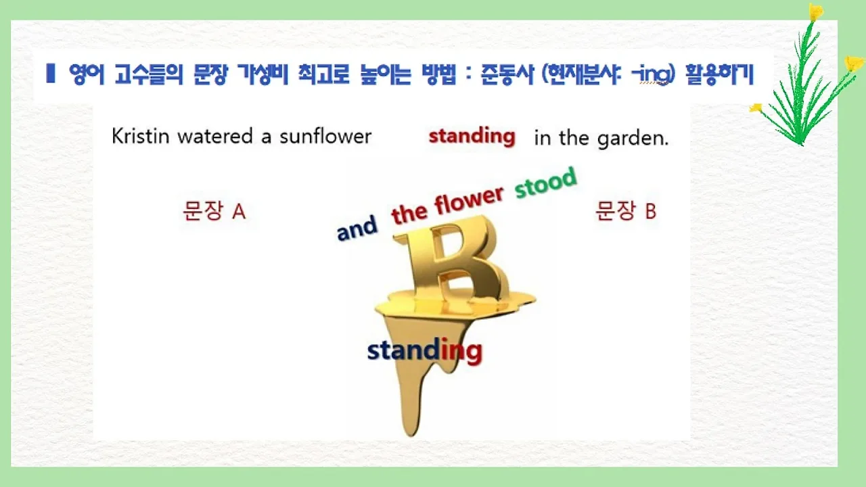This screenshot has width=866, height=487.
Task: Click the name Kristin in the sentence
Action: [141, 137]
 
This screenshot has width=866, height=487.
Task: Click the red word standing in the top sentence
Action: [472, 137]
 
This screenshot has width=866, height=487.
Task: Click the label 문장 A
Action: [214, 212]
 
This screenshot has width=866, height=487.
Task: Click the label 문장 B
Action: [626, 212]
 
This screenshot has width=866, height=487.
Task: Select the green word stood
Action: [546, 183]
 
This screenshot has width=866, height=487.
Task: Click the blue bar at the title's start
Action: [50, 73]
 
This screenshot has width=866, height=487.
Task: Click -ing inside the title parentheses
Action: [651, 74]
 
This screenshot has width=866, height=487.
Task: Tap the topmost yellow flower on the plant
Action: [816, 12]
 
